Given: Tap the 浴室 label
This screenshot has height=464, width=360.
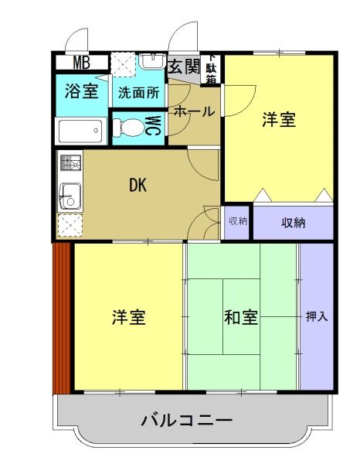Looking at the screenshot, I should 80,91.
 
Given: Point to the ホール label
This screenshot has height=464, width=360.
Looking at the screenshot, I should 193,111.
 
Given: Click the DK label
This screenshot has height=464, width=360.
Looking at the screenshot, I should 138,185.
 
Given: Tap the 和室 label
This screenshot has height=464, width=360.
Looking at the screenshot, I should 241,317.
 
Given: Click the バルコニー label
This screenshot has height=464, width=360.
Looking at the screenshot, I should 186,421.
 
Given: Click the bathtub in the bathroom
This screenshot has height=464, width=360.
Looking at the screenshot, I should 80,131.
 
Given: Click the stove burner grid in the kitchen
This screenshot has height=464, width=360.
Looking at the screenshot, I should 70,164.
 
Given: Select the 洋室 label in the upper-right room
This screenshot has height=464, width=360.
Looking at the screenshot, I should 278,120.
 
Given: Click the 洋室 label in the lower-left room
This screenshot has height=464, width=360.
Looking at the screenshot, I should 128,317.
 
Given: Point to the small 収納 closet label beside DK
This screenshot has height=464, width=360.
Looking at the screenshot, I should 238,221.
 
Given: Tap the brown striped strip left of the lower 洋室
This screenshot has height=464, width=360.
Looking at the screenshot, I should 62,317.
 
